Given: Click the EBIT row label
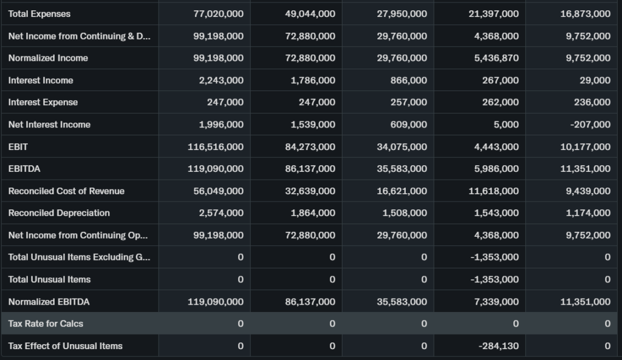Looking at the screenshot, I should coord(18,147).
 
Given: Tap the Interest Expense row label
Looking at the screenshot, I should coord(43,103).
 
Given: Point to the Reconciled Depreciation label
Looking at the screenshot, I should coord(59,213).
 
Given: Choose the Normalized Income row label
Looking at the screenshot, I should coord(48,58).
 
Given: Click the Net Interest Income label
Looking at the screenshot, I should coord(49,124).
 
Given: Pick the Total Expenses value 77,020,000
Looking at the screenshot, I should coord(218,14).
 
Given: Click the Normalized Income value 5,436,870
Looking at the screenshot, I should coord(494,58).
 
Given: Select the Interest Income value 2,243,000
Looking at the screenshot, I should coord(221,80).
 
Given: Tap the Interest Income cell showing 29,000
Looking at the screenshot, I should coord(595,80).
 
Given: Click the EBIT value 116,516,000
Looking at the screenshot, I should coord(216,147).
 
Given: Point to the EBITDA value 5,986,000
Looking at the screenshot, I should coord(496,169).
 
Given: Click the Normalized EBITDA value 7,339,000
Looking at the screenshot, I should coord(496,302).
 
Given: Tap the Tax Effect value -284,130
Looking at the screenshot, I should coord(499,346).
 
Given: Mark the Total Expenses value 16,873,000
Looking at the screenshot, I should coord(585,14).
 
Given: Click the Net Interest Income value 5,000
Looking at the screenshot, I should coord(507,124).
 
